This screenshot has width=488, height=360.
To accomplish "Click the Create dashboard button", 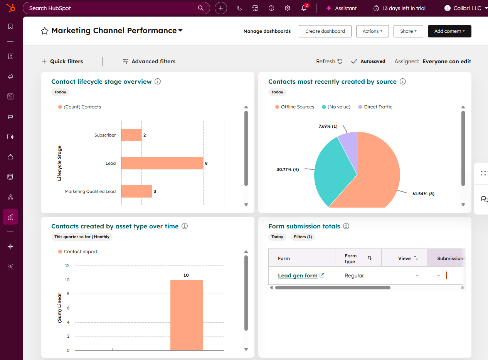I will [x=325, y=31].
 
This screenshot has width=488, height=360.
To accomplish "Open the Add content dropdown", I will [x=449, y=31].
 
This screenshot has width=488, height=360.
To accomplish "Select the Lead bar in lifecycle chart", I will [x=162, y=163].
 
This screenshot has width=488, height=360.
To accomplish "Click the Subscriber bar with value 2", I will [x=131, y=135].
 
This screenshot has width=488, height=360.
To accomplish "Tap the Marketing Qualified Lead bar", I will [x=136, y=191].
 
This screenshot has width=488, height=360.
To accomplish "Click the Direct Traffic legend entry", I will [x=378, y=107].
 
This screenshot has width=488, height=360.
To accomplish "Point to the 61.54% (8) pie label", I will [x=423, y=194].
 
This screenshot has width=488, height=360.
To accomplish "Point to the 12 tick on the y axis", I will [x=67, y=265].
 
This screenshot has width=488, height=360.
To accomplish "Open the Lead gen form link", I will [x=298, y=275].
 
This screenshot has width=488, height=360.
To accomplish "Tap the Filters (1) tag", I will [x=303, y=237].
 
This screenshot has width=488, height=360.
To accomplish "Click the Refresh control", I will [x=329, y=61].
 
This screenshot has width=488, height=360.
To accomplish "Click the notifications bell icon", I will [x=304, y=8].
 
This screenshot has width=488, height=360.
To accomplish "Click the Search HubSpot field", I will [x=112, y=8].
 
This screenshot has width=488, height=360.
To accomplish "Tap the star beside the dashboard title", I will [x=45, y=31].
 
